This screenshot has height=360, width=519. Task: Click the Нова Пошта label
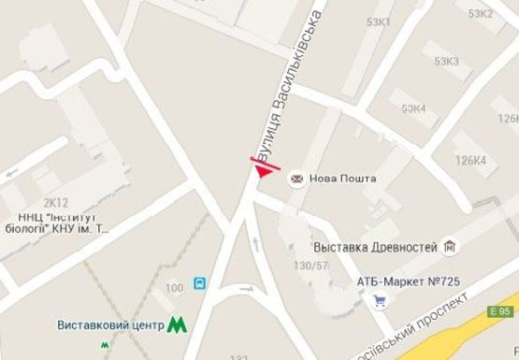tap(343, 178)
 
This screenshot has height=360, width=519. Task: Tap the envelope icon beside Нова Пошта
tap(297, 178)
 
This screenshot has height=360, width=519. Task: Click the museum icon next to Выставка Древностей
tap(451, 246)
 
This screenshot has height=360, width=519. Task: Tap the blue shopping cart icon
tap(380, 301)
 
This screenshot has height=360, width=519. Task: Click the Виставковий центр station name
tap(110, 325)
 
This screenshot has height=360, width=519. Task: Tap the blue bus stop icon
tap(199, 283)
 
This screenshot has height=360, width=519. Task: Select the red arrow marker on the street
tap(266, 167)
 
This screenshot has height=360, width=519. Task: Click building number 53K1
tap(380, 21)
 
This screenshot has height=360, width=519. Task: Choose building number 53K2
tap(481, 13)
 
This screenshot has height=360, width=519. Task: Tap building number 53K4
tap(413, 108)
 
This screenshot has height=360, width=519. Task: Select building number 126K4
tap(470, 160)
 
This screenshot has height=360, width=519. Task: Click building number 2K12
tap(56, 202)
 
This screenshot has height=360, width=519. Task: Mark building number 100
tap(173, 287)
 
